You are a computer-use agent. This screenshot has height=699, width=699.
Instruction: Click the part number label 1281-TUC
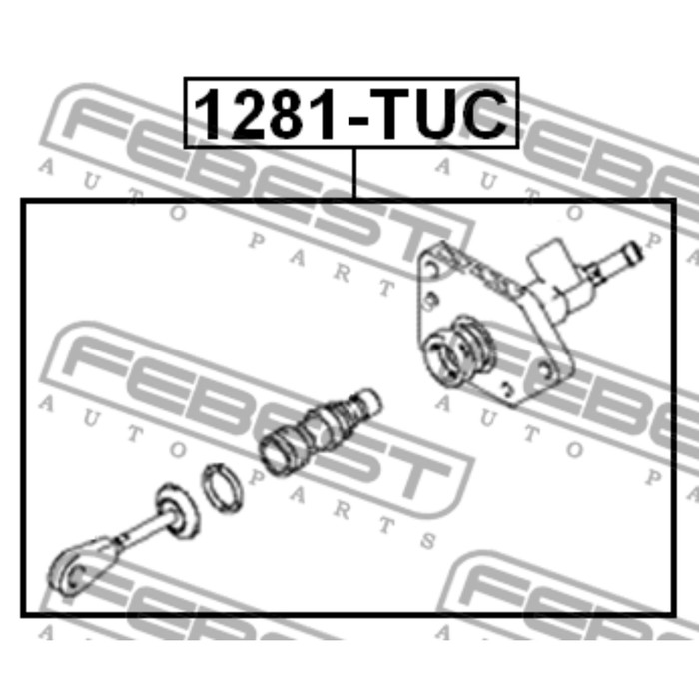pyautogui.click(x=350, y=113)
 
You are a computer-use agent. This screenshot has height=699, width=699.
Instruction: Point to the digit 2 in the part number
pyautogui.click(x=250, y=114)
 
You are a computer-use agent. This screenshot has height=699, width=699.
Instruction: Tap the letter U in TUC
pyautogui.click(x=444, y=114)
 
